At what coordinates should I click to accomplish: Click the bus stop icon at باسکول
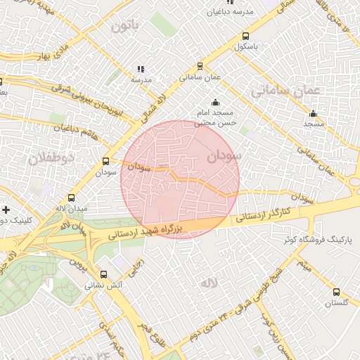coord(245,37)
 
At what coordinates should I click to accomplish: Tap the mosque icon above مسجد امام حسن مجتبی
coord(215,102)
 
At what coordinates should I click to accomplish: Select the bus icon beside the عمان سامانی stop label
coord(200,66)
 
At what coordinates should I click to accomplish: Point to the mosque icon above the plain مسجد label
coord(313,113)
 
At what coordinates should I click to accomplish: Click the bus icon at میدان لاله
coord(71,198)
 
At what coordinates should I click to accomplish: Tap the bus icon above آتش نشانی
coord(104,275)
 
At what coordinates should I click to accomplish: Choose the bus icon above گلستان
coord(336,292)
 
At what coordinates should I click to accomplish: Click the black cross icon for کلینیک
coord(6,210)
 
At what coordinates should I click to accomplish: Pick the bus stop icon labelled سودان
coord(106,161)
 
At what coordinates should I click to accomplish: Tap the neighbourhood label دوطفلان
coord(51,158)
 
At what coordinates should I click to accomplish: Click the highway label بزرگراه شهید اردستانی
coord(148,231)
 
